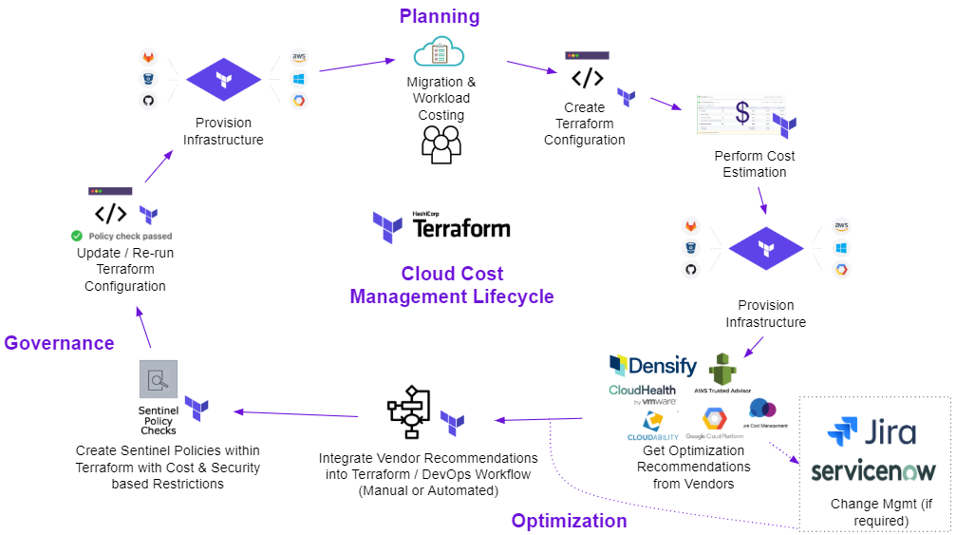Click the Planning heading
[439, 16]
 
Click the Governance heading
[59, 343]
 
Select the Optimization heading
[569, 520]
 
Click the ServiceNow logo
[872, 471]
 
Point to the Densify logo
[652, 366]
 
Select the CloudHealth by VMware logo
[643, 394]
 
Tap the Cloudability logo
[652, 426]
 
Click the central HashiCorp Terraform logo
[441, 227]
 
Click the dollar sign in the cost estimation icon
[742, 113]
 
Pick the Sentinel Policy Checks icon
[158, 380]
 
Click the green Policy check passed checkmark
[76, 236]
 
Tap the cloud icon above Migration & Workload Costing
[438, 51]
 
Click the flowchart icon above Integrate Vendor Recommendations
[410, 411]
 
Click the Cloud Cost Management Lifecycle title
[451, 285]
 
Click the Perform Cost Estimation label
[754, 163]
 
